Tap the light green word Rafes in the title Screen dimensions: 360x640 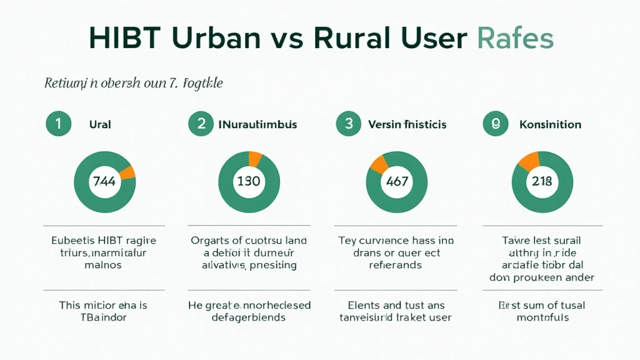click(x=514, y=39)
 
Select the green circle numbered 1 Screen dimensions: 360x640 click(x=58, y=124)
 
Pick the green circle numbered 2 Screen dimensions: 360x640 click(x=201, y=124)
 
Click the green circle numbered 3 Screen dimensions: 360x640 click(x=348, y=124)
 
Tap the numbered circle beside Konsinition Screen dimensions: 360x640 click(x=496, y=124)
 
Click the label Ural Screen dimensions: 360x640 click(x=100, y=124)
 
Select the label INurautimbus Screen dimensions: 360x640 click(x=257, y=124)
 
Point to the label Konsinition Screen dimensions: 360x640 click(x=550, y=124)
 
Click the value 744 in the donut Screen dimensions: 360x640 click(x=104, y=182)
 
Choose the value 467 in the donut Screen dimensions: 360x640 click(x=397, y=182)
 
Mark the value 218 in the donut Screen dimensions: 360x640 click(x=542, y=182)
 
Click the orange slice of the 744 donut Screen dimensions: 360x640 click(x=127, y=172)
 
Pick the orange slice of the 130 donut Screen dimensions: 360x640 click(x=255, y=159)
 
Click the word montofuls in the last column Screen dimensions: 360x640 click(x=542, y=317)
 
